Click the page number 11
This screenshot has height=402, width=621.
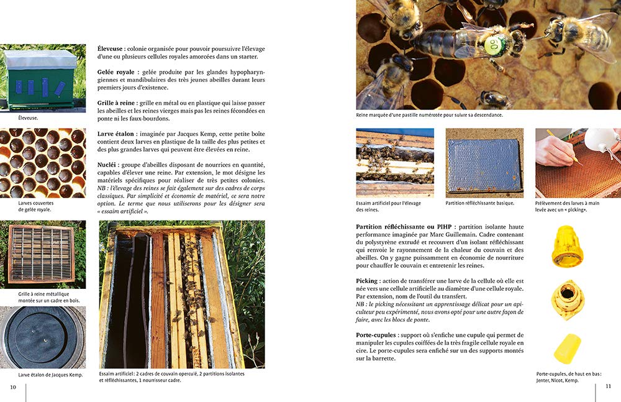[x=608, y=386]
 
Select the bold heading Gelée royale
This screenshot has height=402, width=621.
[x=116, y=72]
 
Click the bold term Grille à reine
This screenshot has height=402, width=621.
[x=117, y=102]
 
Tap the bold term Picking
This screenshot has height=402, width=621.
[x=368, y=281]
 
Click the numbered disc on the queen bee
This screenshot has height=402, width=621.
[x=495, y=44]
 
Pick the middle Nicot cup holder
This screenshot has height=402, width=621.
[x=567, y=299]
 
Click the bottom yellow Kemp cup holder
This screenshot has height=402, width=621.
[x=567, y=348]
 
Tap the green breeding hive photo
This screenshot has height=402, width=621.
[x=43, y=78]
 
